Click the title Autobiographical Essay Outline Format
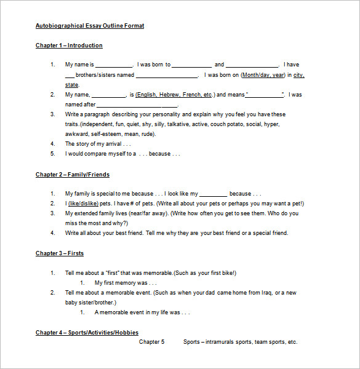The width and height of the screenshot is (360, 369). pos(90,26)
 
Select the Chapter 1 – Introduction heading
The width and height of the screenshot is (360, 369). pos(69,46)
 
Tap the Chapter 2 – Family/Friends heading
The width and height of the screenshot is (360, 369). pos(73,175)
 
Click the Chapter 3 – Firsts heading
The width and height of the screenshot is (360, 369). pos(60,253)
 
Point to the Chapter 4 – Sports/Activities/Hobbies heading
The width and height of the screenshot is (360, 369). pos(87,333)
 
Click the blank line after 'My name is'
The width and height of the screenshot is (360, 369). pos(114,65)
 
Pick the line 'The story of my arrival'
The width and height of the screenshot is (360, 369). pos(97,144)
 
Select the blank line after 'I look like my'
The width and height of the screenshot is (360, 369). pos(214,194)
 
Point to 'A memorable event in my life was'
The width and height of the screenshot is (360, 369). pos(142,312)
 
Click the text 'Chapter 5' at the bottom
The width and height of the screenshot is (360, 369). pos(151,342)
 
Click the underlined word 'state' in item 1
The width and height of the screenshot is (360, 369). pos(72,85)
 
